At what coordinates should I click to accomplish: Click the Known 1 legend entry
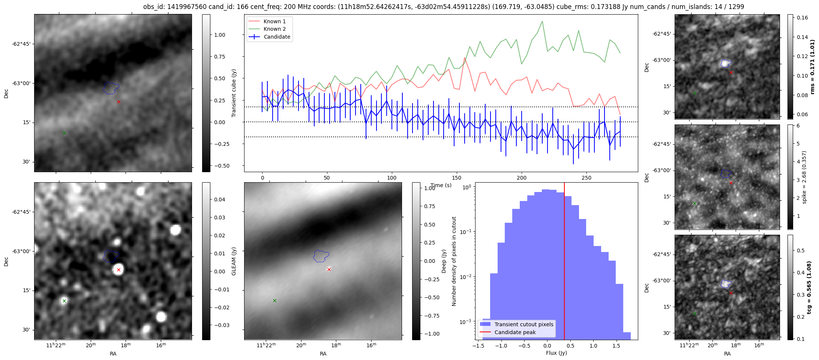[274, 21]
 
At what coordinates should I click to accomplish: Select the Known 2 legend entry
[274, 29]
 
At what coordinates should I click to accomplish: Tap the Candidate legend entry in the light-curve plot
[277, 37]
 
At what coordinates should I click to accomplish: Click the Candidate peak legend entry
[515, 332]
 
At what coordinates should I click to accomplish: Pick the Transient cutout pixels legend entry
[523, 324]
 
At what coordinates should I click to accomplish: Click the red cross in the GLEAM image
[118, 270]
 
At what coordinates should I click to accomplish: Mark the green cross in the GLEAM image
[64, 301]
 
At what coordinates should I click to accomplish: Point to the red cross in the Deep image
[329, 269]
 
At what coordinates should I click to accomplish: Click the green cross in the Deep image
[274, 300]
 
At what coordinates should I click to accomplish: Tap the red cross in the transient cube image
[118, 102]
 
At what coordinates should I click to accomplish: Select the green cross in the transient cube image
[64, 133]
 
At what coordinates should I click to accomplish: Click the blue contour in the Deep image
[321, 256]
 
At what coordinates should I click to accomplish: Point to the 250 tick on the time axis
[586, 178]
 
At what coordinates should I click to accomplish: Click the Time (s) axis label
[441, 185]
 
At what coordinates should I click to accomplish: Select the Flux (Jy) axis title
[556, 353]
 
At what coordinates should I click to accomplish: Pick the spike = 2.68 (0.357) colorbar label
[804, 177]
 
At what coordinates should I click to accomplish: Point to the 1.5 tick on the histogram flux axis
[616, 346]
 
